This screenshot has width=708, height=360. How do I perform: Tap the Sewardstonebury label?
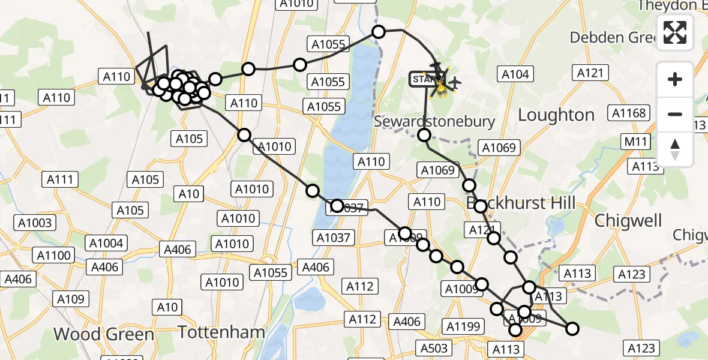coord(434,121)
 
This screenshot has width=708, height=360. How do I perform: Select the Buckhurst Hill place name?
coord(520,202)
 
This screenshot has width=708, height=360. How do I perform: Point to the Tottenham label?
coord(222,332)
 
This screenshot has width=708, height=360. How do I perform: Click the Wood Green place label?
coord(104,334)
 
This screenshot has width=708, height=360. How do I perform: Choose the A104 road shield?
coord(515,74)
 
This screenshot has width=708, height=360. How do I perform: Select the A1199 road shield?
coord(463,326)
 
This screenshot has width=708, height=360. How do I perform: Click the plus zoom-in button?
coord(675,79)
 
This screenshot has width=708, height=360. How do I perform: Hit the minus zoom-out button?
coord(675,114)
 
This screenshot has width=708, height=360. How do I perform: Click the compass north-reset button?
coord(675,149)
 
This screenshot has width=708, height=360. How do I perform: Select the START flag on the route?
coord(425,79)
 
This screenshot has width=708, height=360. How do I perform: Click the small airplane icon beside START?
coord(455,82)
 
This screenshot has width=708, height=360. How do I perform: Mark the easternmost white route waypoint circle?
coord(572,328)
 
